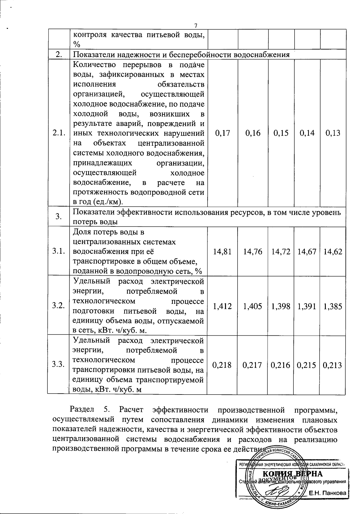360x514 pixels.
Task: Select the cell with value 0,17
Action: (x=223, y=133)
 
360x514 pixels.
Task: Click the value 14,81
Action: (x=222, y=252)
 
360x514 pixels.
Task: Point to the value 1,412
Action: (x=222, y=306)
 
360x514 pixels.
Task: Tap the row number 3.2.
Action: (x=58, y=306)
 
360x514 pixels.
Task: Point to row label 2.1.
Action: (x=58, y=133)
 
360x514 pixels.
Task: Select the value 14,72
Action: (x=281, y=252)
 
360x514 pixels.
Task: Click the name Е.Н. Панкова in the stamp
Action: (x=328, y=493)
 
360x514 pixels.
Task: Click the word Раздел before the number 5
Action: (x=82, y=409)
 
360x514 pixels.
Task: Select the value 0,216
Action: (x=280, y=365)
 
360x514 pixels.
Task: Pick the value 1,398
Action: (x=281, y=306)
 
